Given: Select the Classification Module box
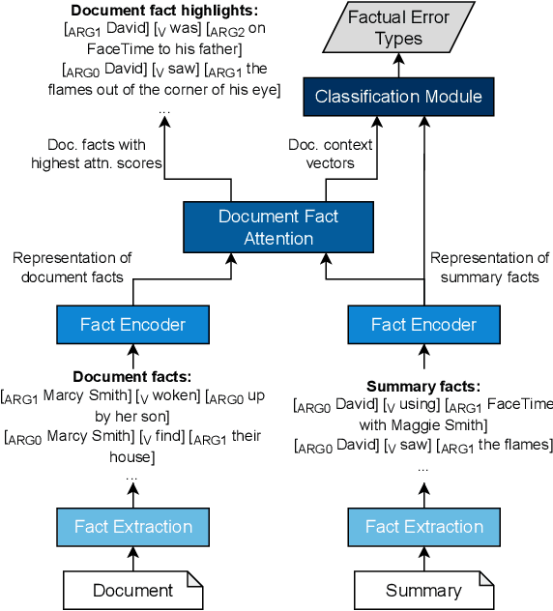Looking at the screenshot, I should pyautogui.click(x=397, y=97).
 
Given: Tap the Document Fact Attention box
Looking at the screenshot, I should pyautogui.click(x=278, y=227).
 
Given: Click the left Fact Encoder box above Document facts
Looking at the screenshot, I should pyautogui.click(x=132, y=325).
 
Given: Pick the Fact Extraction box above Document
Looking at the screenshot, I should pyautogui.click(x=132, y=527).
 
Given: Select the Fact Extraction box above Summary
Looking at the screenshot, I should pyautogui.click(x=423, y=527).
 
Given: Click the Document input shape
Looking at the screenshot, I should pyautogui.click(x=132, y=590).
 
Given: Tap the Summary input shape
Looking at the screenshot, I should pyautogui.click(x=423, y=590).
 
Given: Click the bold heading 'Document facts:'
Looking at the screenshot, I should pyautogui.click(x=132, y=375).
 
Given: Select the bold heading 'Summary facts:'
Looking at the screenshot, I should pyautogui.click(x=423, y=386).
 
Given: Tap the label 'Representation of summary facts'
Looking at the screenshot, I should pyautogui.click(x=489, y=268).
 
